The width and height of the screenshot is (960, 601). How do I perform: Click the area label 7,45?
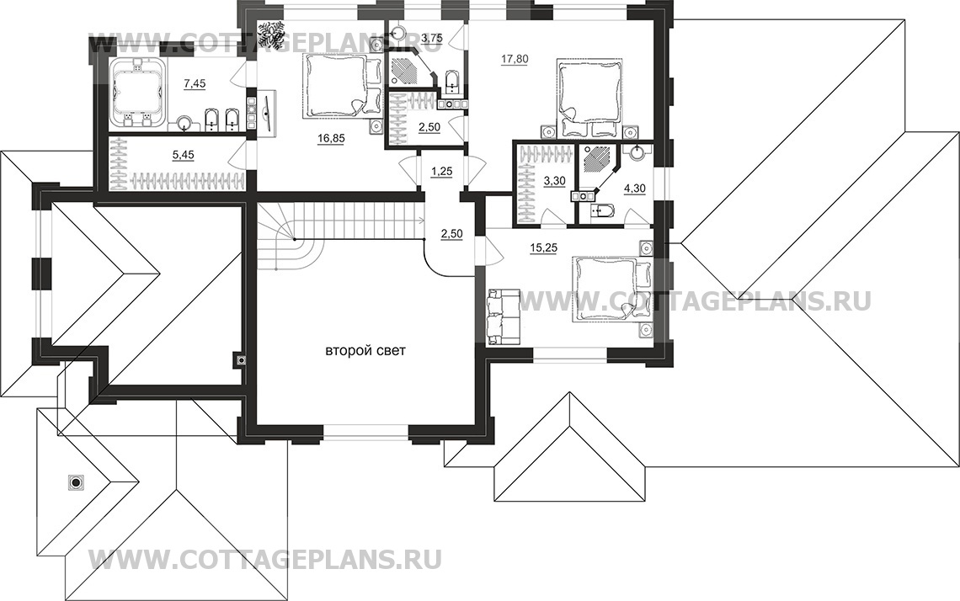point(195,84)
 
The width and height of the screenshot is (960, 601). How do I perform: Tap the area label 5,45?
point(183,156)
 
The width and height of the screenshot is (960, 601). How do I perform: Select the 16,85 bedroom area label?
point(331,138)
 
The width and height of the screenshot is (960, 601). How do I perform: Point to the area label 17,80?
point(515,60)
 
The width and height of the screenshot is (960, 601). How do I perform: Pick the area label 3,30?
point(554,180)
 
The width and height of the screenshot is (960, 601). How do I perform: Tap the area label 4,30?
point(635,189)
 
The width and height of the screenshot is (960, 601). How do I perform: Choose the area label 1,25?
point(441,172)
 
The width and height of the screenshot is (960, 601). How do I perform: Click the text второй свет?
point(365,352)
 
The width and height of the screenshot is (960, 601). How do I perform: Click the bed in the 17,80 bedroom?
point(589,92)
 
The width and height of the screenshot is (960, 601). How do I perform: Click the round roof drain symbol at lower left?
point(75,483)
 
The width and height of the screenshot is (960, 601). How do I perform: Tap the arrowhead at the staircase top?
point(422,219)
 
